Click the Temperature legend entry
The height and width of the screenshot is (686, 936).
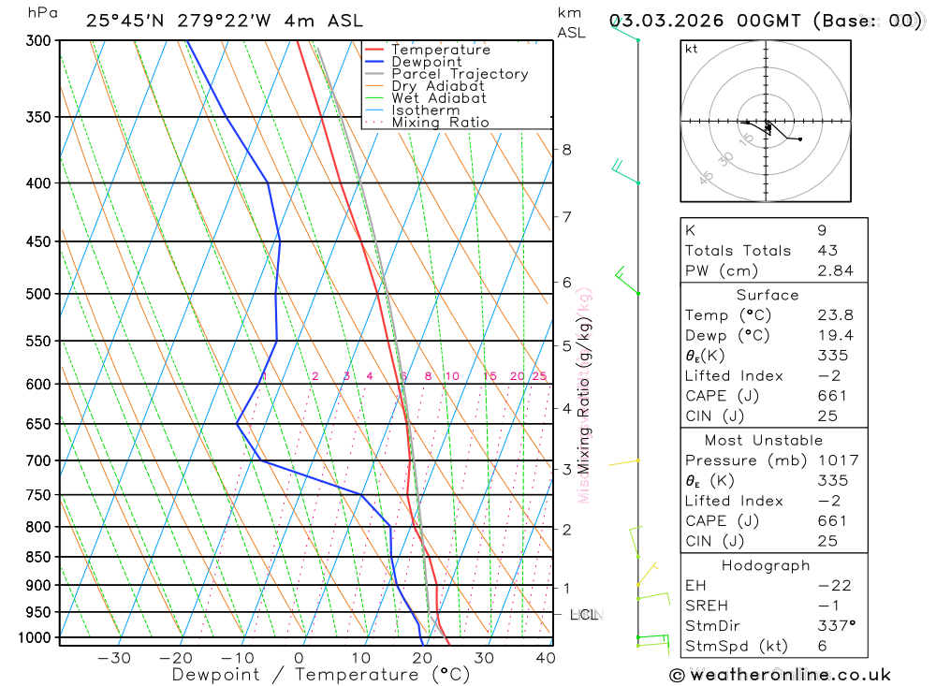coord(440,50)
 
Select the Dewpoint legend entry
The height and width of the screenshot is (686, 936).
coord(427,62)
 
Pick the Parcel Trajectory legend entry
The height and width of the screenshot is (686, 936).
coord(460,74)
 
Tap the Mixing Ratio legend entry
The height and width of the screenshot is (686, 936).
coord(440,123)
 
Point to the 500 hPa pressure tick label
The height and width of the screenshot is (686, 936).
coord(38,294)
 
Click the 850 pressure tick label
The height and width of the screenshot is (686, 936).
coord(38,557)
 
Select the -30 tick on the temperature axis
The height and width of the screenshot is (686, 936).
coord(114,658)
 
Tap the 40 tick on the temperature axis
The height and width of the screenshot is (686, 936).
coord(545,658)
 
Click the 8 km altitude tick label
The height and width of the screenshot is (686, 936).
coord(566,150)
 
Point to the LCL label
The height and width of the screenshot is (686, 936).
coord(584,615)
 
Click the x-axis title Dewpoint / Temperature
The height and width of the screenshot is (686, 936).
coord(321,674)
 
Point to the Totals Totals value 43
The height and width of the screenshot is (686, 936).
coord(827,251)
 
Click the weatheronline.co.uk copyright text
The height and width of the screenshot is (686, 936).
coord(780,675)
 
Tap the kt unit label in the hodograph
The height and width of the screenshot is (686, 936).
coord(692,50)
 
